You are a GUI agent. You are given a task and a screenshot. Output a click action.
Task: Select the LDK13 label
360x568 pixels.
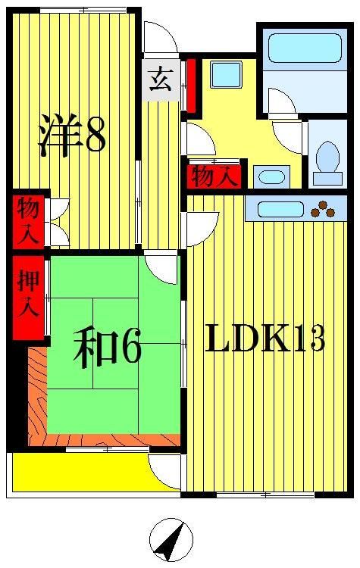265,339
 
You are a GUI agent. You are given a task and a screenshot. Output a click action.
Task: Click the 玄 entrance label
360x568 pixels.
160,80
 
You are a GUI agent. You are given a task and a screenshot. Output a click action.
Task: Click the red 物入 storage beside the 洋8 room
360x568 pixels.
28,220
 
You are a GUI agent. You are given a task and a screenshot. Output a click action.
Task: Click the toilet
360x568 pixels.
327,162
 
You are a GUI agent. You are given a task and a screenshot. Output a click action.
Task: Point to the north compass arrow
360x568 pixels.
171,539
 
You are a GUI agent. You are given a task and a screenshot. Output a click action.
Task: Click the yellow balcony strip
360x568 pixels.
76,472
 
